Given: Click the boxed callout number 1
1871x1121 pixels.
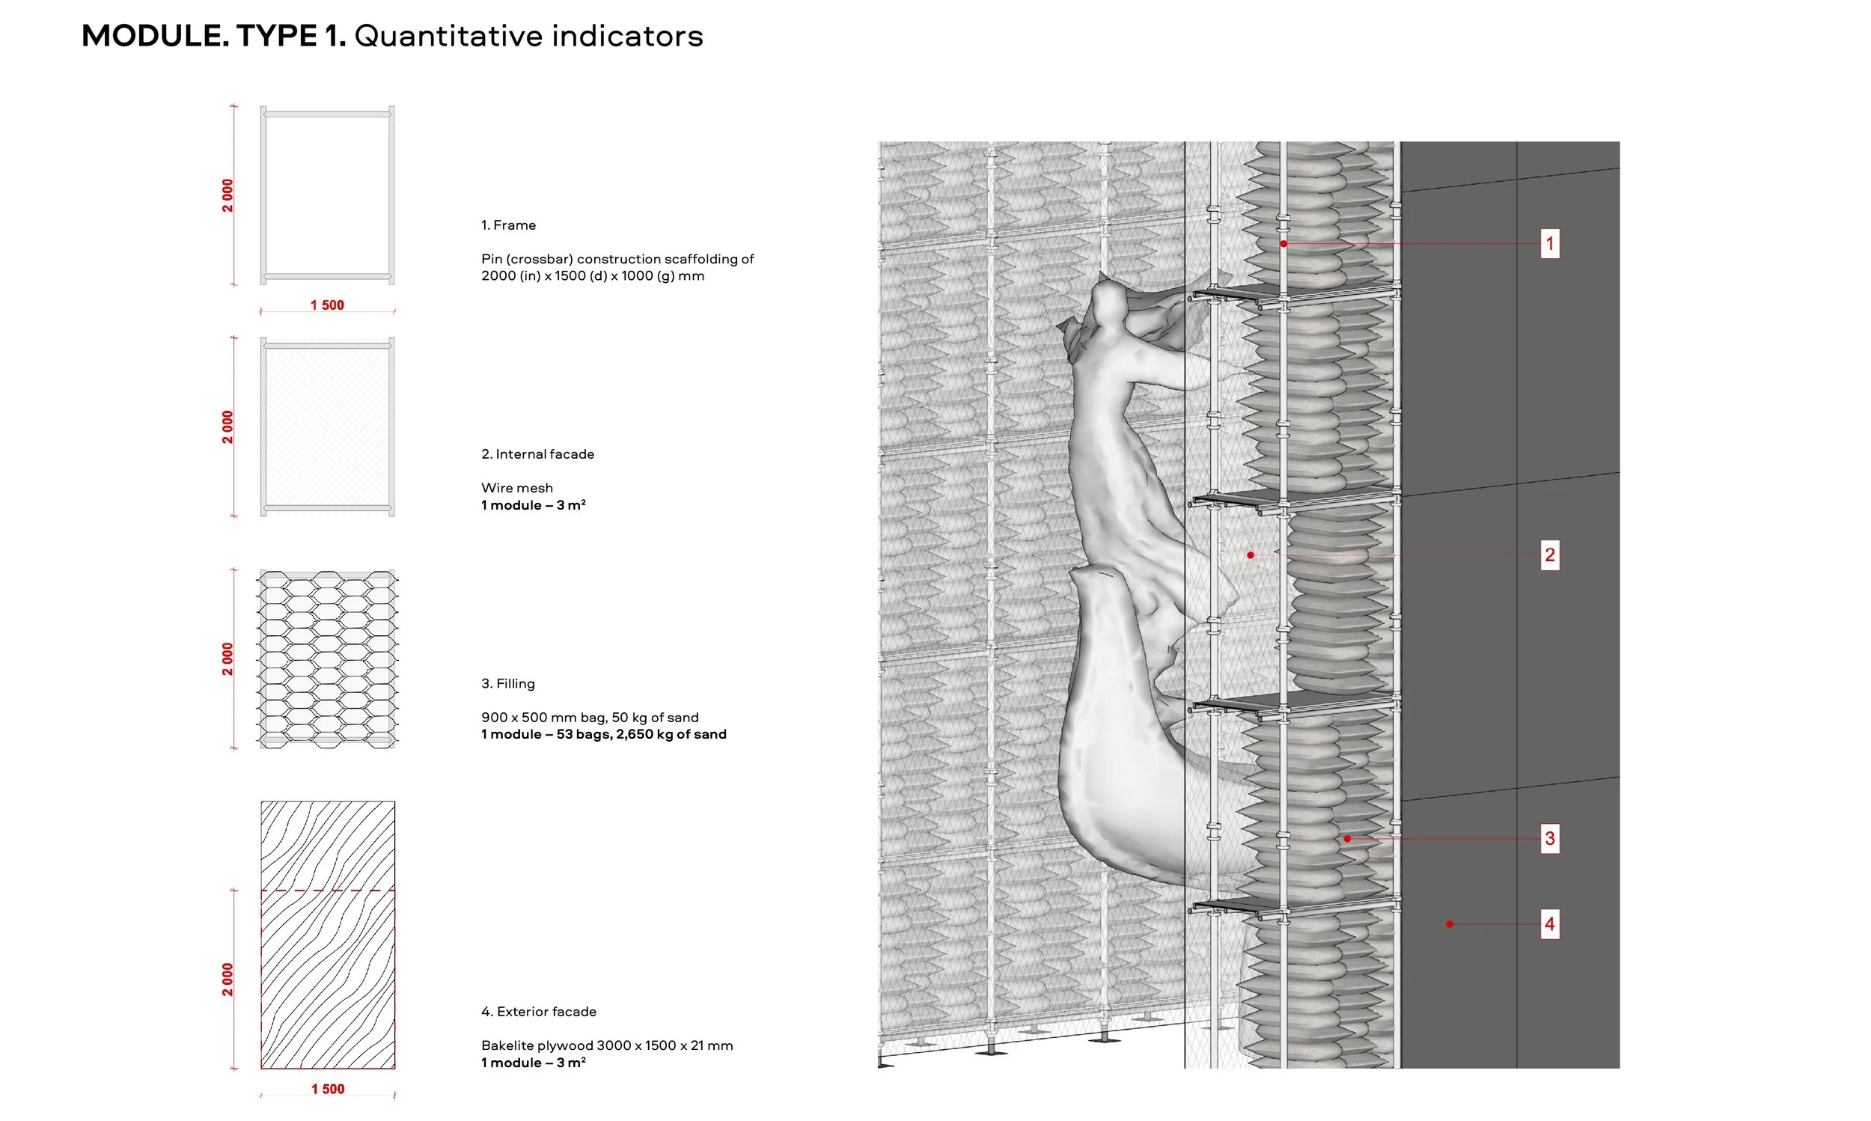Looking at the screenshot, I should (1548, 243).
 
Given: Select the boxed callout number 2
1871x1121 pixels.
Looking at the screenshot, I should (1548, 555).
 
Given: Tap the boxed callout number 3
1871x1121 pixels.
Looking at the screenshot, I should (1548, 837).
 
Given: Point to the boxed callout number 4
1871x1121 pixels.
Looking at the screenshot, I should (1548, 923).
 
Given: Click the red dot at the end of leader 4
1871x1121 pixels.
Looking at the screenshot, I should (1449, 924).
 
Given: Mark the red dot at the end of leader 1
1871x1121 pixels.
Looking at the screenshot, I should (1283, 244).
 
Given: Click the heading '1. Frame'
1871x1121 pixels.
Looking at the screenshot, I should (508, 225).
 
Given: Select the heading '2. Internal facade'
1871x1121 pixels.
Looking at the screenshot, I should (537, 454).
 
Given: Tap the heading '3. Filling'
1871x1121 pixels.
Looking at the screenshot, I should (507, 684).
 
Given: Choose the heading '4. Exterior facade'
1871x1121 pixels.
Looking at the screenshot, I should (539, 1012).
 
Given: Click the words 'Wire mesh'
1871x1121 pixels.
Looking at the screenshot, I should (516, 488).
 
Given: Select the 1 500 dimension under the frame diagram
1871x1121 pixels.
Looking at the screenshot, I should (327, 305).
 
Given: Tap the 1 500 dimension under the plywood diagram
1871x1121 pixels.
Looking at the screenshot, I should (328, 1089).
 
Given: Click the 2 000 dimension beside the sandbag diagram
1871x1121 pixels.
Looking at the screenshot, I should (228, 659).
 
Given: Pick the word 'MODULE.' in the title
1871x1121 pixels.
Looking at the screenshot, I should (154, 35).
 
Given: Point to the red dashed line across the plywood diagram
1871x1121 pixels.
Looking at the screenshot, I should (328, 891).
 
